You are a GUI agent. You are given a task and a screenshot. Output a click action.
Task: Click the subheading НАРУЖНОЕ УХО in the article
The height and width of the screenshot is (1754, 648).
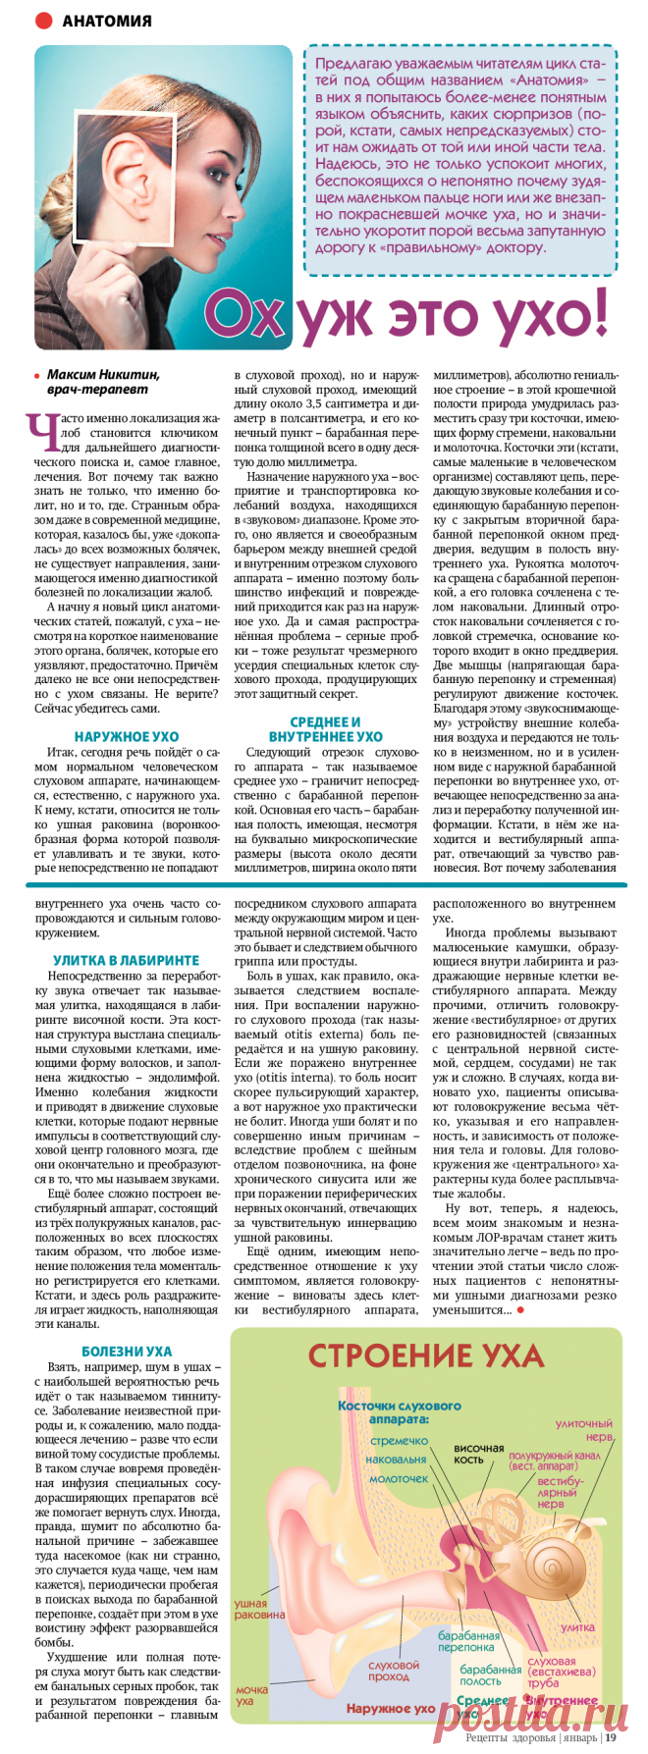pos(126,736)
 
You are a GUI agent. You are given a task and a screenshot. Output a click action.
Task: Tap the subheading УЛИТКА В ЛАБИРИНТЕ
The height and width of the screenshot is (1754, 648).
pos(126,960)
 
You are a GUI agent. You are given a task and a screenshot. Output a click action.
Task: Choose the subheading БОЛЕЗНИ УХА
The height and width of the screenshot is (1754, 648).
pos(126,1352)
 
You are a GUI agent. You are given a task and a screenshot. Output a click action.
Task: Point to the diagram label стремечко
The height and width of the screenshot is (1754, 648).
pos(400,1441)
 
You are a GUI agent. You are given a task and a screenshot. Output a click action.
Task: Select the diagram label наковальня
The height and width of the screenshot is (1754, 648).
pos(396,1460)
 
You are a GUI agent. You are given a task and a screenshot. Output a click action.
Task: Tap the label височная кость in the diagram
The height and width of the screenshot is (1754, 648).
pos(478,1454)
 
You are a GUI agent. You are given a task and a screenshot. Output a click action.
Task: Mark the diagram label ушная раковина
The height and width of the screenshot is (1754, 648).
pos(258,1609)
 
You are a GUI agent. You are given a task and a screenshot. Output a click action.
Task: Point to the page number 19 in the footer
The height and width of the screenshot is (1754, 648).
pos(611,1737)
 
